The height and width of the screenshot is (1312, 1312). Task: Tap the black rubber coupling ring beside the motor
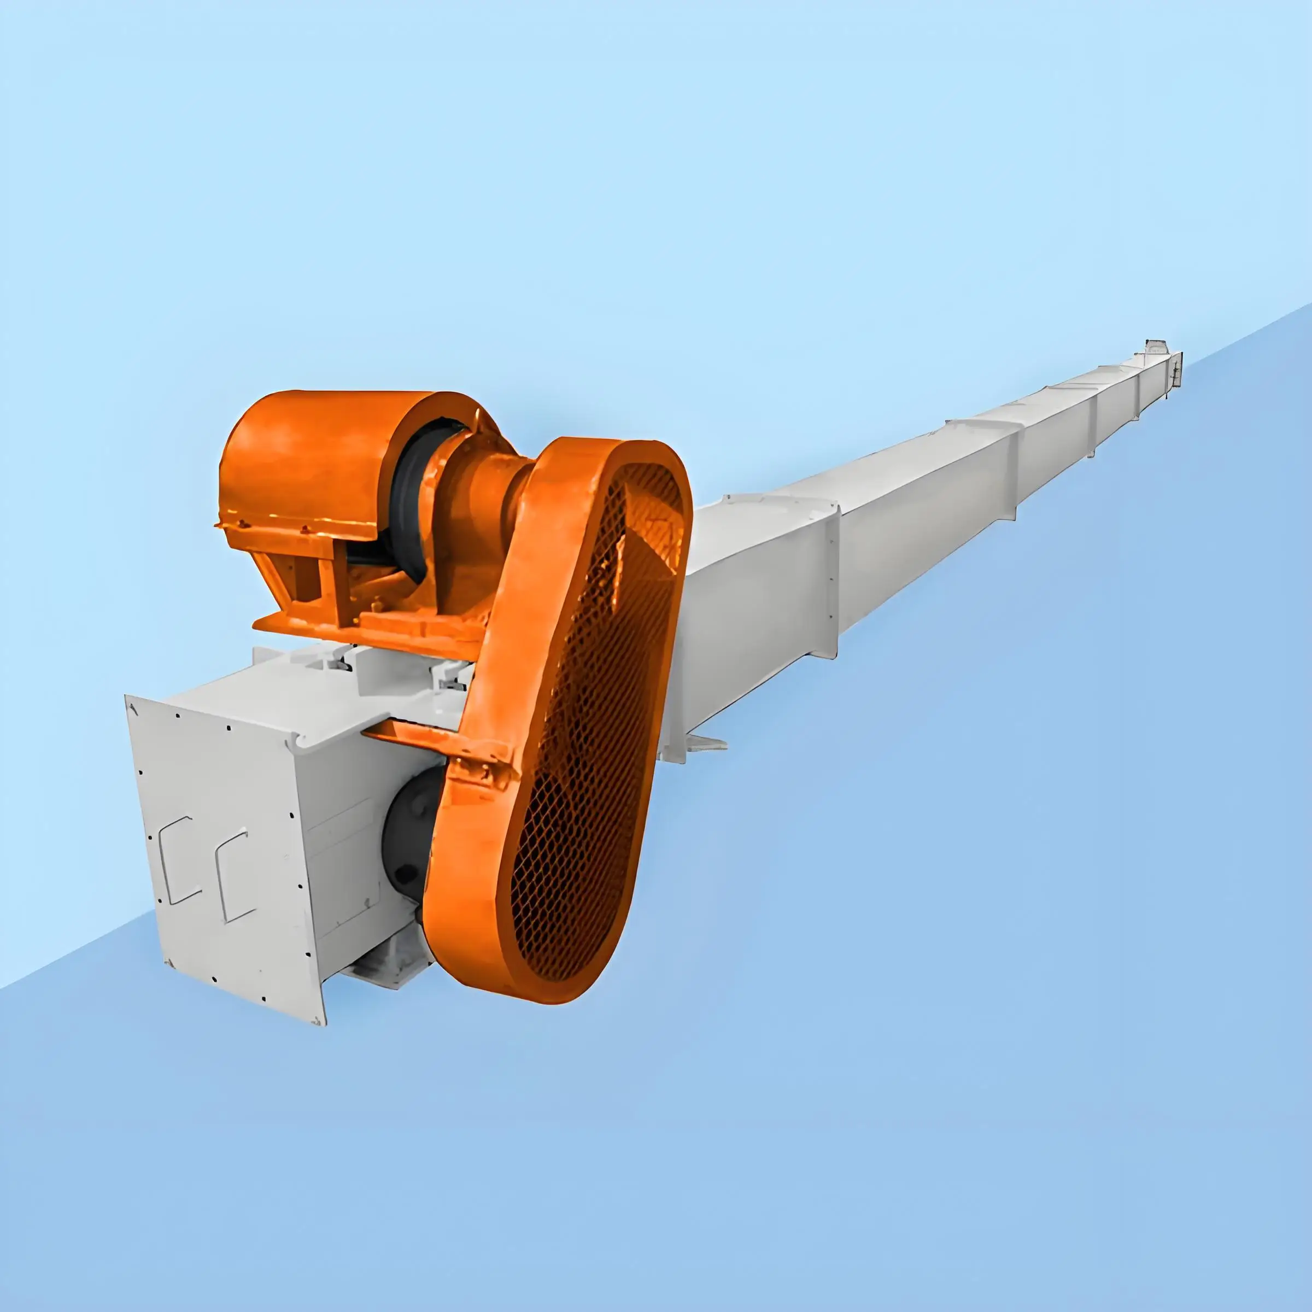tap(407, 502)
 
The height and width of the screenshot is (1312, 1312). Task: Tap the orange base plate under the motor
tap(367, 628)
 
